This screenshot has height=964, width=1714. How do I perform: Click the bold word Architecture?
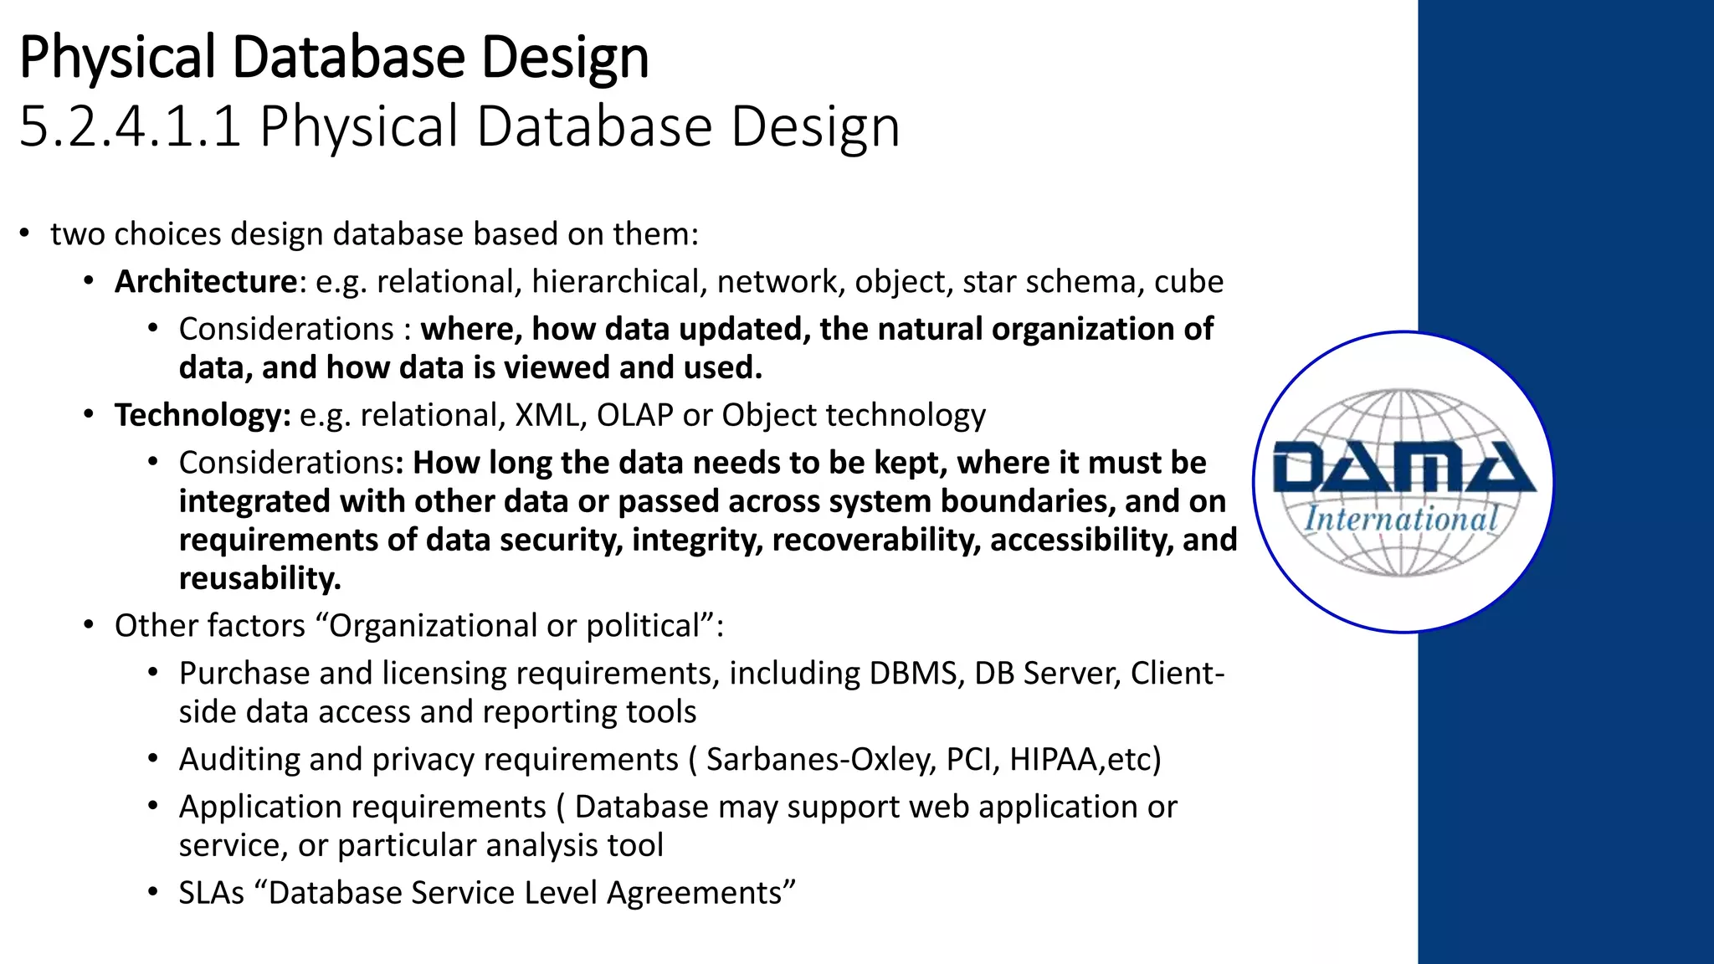click(x=205, y=282)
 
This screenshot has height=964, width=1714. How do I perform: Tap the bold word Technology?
click(x=203, y=415)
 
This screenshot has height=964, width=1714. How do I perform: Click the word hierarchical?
click(x=614, y=282)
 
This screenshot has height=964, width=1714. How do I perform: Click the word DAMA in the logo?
click(x=1403, y=469)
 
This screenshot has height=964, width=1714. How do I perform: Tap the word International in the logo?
click(x=1401, y=519)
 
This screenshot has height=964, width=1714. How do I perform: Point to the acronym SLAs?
click(x=211, y=893)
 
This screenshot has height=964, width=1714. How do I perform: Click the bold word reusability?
click(x=259, y=578)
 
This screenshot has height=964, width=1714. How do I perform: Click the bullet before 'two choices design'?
click(x=25, y=233)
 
